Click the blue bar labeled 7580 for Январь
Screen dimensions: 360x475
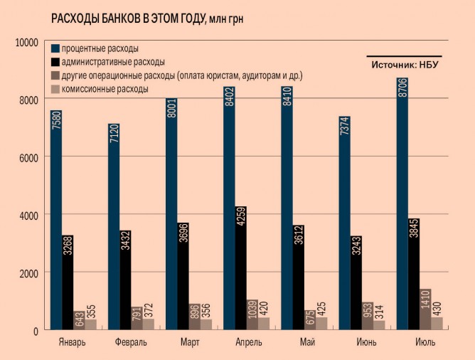[x=56, y=221]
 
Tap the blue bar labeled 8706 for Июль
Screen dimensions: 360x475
[x=402, y=206]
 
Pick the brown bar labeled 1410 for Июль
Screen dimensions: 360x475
[x=425, y=309]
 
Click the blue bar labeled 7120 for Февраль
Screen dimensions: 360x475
[x=114, y=228]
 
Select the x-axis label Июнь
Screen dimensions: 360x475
[x=367, y=342]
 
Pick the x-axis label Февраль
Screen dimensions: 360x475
[x=131, y=342]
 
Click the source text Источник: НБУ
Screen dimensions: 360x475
[x=404, y=65]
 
